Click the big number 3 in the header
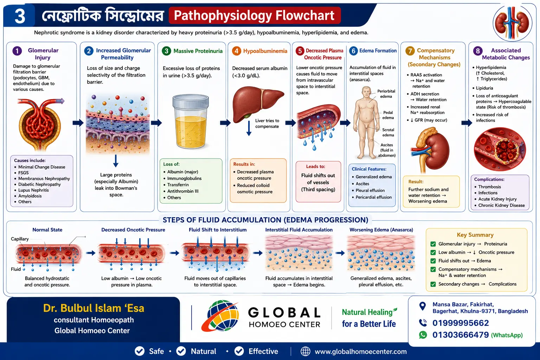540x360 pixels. point(20,16)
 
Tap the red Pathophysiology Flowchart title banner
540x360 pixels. point(255,15)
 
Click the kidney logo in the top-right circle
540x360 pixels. point(512,24)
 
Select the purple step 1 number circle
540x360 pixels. point(17,51)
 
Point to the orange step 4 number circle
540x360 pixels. point(237,51)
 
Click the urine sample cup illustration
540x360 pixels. point(191,121)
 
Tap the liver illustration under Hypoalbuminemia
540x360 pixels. point(257,104)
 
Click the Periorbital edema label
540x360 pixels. point(386,94)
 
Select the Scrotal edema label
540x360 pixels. point(388,133)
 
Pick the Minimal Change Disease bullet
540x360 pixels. point(42,167)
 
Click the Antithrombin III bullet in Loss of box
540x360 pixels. point(183,191)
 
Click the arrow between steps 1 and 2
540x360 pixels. point(78,123)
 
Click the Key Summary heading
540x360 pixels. point(475,235)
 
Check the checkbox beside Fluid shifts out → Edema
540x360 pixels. point(433,261)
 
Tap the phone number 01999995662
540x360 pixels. point(461,323)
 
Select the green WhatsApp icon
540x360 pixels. point(423,335)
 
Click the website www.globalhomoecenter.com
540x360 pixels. point(361,352)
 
